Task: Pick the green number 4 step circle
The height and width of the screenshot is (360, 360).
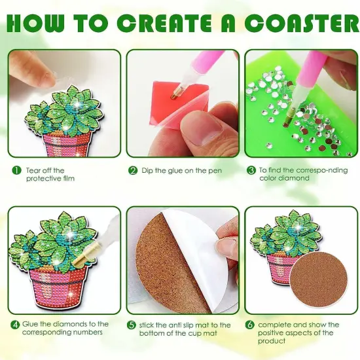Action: [15, 325]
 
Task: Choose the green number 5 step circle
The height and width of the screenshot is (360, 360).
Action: [132, 325]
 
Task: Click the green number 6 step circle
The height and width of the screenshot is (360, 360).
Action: [251, 325]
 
